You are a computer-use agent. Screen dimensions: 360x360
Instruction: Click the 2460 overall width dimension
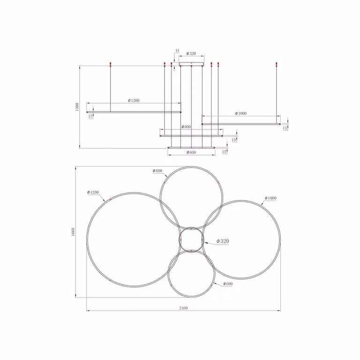point(183,308)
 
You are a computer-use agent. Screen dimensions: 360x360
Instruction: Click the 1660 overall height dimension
point(73,232)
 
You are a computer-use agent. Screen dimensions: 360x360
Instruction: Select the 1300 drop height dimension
point(77,107)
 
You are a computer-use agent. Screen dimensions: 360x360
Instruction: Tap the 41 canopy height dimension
point(177,50)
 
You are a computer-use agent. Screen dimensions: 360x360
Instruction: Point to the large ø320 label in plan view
point(223,241)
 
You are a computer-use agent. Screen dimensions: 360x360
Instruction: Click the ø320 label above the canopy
point(191,53)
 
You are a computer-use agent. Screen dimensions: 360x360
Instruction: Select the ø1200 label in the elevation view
point(134,100)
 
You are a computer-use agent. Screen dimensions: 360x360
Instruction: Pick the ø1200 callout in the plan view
point(93,192)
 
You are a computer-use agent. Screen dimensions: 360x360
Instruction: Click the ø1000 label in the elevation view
point(241,113)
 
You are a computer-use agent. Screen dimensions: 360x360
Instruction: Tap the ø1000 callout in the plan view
point(270,198)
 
